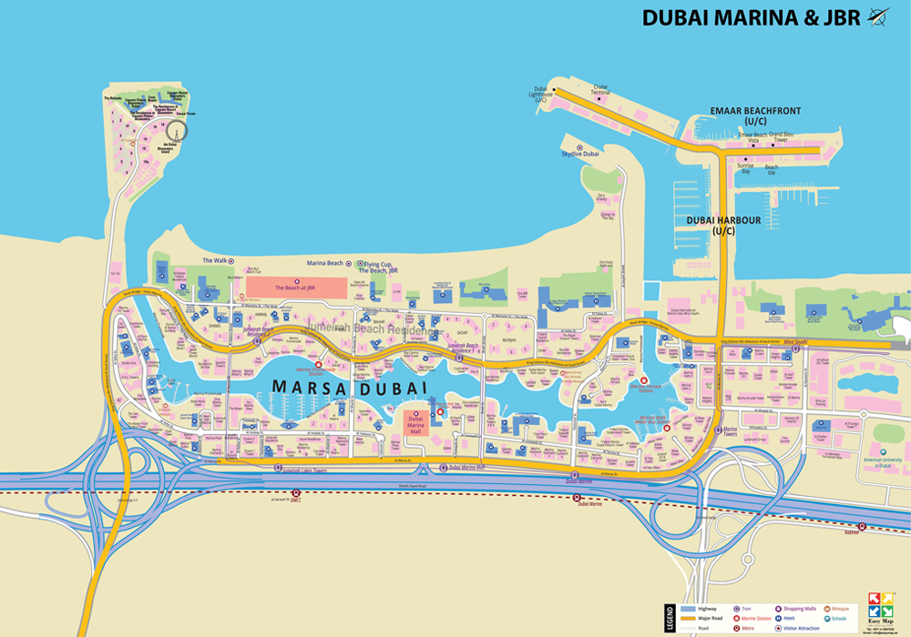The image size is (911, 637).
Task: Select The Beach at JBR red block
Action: (x=296, y=288)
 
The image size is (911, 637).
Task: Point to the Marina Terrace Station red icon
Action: (x=645, y=380)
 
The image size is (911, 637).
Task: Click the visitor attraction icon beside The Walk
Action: (x=231, y=261)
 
